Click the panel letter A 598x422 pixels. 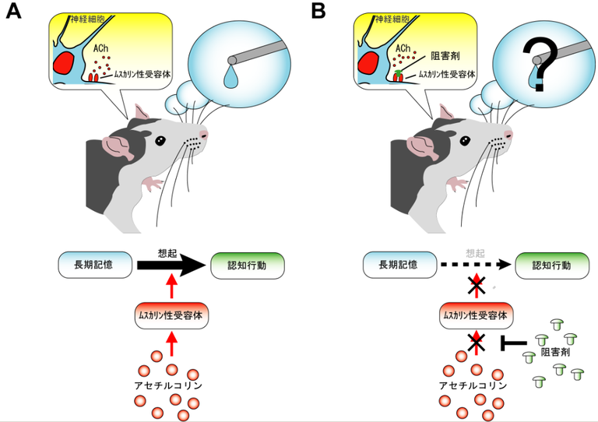[13, 12]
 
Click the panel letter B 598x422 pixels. [318, 12]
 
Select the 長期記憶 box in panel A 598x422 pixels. [92, 265]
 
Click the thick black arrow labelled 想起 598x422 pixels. [167, 266]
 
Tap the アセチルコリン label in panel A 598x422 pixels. [171, 384]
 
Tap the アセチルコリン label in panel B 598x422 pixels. [475, 384]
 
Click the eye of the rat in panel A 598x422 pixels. [160, 141]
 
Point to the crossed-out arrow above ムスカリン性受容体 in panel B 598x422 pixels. [476, 286]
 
